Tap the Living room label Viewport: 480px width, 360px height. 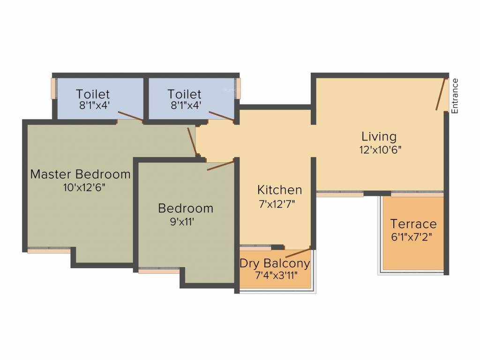379,136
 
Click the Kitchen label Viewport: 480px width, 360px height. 279,190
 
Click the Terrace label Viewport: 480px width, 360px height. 413,224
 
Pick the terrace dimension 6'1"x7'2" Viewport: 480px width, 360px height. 412,237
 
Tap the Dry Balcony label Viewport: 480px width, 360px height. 275,263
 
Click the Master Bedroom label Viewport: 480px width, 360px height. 80,174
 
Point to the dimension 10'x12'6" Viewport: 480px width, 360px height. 80,187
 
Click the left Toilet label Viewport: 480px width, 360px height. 93,94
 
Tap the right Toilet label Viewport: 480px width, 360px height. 185,94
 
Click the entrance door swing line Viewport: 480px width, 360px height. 441,94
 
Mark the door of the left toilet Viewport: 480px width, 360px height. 130,116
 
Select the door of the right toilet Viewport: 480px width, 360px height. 221,116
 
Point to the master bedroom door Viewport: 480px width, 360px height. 192,141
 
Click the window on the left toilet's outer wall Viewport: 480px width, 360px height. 53,88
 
